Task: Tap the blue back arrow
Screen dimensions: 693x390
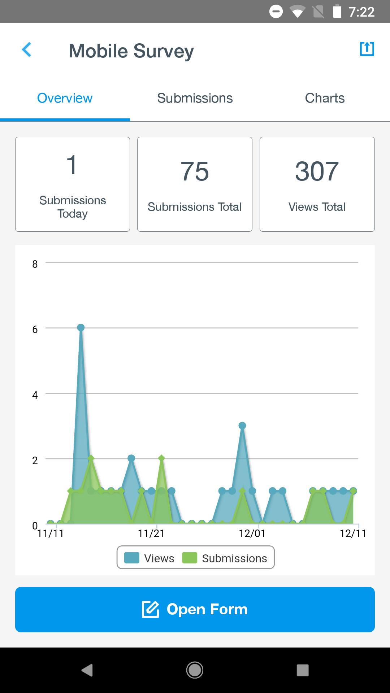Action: click(x=27, y=50)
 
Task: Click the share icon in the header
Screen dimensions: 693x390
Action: click(x=367, y=49)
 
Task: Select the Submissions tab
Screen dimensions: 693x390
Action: click(x=195, y=98)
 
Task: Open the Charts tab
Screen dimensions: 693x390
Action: click(x=325, y=98)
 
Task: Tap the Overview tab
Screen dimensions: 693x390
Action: click(x=65, y=98)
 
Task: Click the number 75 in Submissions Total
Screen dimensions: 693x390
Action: click(x=195, y=171)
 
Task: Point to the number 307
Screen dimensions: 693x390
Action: click(x=317, y=171)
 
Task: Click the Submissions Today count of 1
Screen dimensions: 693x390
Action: click(x=72, y=165)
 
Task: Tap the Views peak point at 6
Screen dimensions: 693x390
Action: click(x=81, y=327)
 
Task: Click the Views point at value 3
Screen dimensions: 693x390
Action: click(x=242, y=426)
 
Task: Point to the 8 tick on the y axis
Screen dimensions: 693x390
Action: click(x=35, y=264)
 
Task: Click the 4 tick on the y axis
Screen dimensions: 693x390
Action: click(x=35, y=395)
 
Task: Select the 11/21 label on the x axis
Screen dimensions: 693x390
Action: click(x=151, y=533)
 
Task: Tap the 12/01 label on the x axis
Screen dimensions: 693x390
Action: click(x=252, y=533)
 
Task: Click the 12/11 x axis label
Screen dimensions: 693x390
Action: click(x=353, y=533)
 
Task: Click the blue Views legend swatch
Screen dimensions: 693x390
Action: click(x=132, y=558)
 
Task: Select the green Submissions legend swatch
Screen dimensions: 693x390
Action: click(x=190, y=558)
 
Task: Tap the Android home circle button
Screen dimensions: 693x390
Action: click(x=195, y=670)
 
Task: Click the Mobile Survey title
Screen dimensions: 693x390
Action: click(x=131, y=51)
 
